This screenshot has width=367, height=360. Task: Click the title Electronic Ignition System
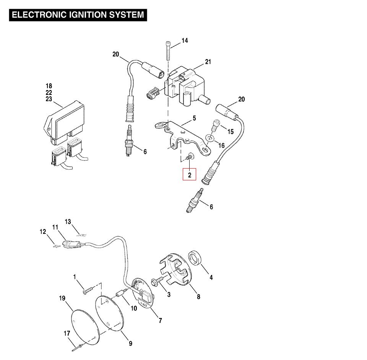pyautogui.click(x=78, y=15)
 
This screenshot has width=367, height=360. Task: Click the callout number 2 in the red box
pyautogui.click(x=189, y=175)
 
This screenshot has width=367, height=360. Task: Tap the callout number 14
pyautogui.click(x=185, y=41)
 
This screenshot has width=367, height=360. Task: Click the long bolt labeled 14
pyautogui.click(x=168, y=50)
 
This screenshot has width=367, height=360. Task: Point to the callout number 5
pyautogui.click(x=194, y=118)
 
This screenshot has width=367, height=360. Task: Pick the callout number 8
pyautogui.click(x=198, y=297)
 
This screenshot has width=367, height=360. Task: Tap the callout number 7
pyautogui.click(x=160, y=320)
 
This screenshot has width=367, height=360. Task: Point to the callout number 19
pyautogui.click(x=62, y=298)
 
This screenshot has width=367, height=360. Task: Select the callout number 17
pyautogui.click(x=67, y=333)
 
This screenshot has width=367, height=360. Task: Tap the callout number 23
pyautogui.click(x=49, y=99)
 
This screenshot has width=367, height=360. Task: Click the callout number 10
pyautogui.click(x=134, y=308)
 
